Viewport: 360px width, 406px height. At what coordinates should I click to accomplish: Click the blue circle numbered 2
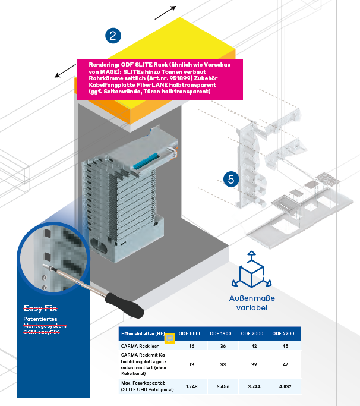(113, 36)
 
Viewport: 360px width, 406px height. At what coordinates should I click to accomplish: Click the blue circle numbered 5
(231, 179)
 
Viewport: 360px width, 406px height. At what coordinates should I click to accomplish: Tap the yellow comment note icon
(170, 338)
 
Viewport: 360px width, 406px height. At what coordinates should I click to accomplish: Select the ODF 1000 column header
(189, 333)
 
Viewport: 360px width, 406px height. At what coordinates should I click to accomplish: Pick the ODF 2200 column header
(283, 333)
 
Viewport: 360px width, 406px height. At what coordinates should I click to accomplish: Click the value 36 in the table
(223, 346)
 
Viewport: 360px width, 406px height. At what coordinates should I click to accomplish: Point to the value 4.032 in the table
(285, 386)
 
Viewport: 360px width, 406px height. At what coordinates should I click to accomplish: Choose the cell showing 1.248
(191, 386)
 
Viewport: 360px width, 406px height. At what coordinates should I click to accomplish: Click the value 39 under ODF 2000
(254, 364)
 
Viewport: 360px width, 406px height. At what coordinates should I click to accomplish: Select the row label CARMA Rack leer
(140, 346)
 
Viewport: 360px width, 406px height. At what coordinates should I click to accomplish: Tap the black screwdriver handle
(125, 306)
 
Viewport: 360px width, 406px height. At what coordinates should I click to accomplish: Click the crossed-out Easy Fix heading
(40, 308)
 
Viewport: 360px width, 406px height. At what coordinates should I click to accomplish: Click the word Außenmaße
(252, 298)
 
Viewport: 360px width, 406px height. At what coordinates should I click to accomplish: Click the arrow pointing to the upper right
(165, 12)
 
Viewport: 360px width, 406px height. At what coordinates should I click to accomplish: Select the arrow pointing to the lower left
(65, 71)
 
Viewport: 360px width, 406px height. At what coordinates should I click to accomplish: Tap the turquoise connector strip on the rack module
(146, 160)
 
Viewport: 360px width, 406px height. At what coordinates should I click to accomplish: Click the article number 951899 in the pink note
(180, 78)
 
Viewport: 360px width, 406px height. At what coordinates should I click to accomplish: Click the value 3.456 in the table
(223, 386)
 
